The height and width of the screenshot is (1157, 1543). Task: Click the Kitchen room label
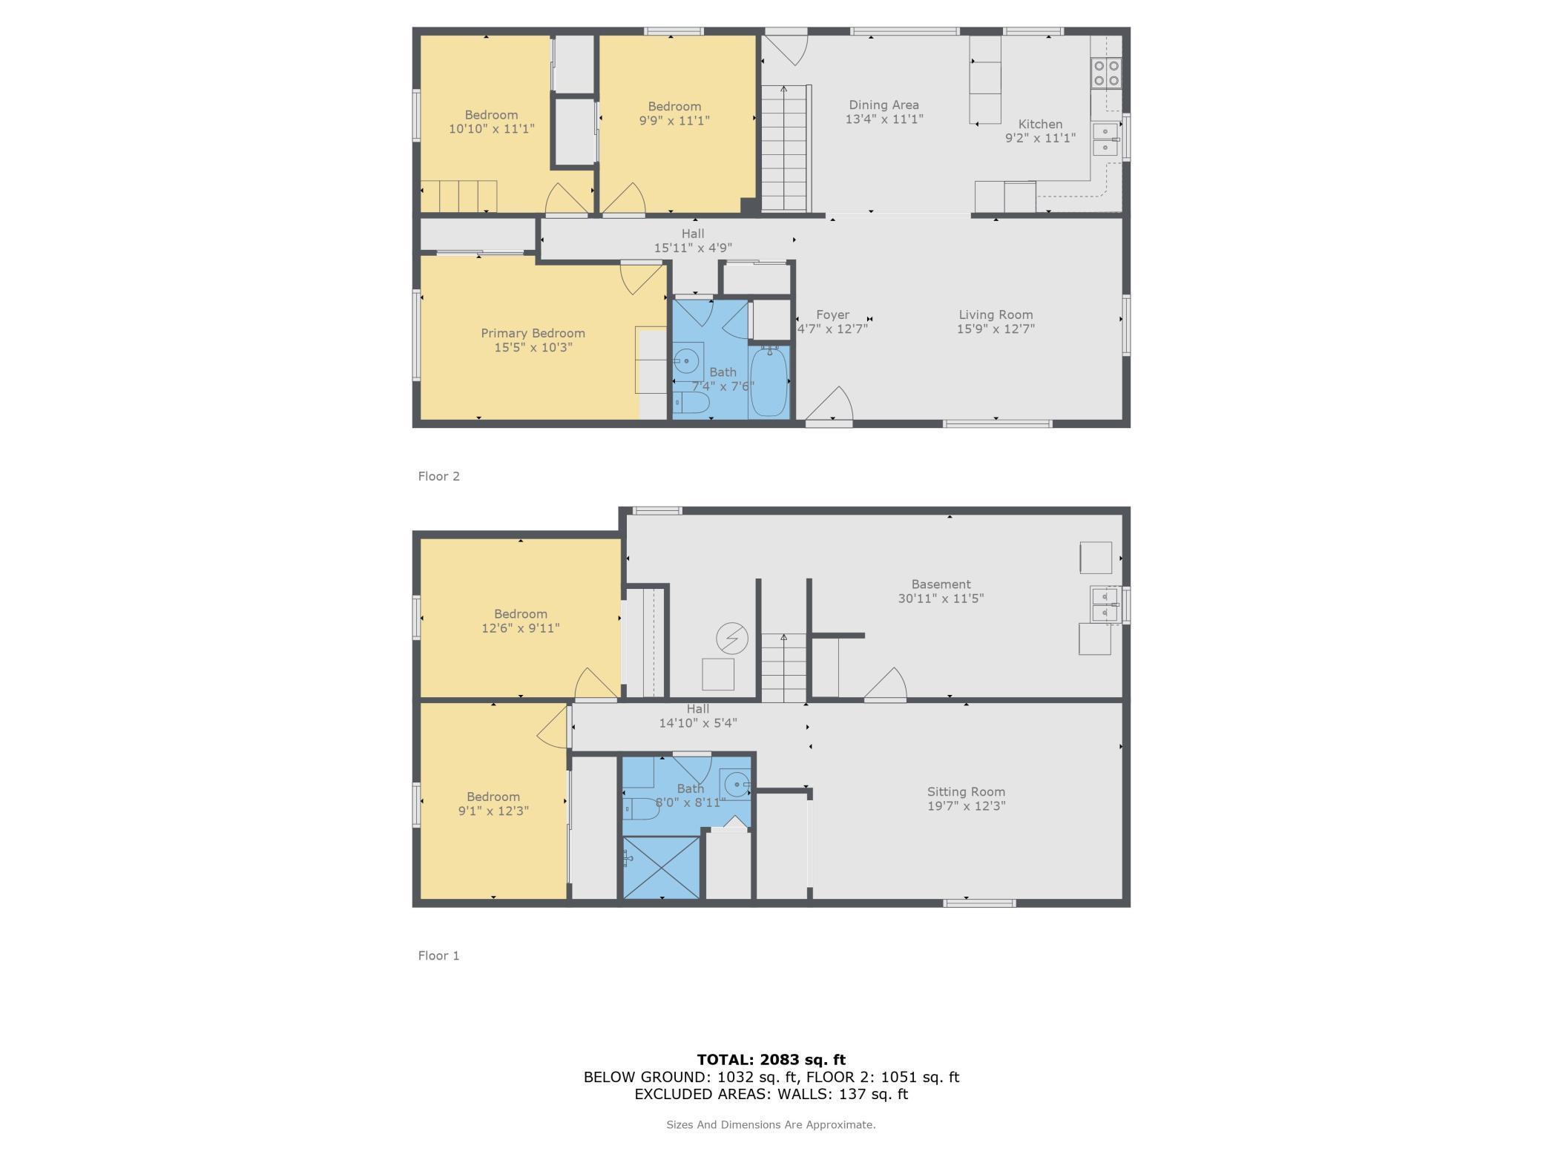[x=1039, y=124]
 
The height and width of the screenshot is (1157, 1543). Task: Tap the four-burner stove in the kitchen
[x=1106, y=73]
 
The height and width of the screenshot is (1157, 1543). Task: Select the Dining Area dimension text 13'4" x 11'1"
[x=884, y=119]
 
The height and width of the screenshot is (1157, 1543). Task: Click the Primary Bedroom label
[x=533, y=333]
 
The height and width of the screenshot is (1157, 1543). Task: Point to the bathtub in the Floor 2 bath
[x=769, y=383]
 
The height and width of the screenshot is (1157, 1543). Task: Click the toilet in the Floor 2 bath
[x=691, y=403]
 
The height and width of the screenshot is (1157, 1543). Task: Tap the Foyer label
[x=832, y=314]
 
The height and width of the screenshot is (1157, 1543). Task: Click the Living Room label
[x=995, y=314]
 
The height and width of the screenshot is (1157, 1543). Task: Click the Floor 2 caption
[x=438, y=476]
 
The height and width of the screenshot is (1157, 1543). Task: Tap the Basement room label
[x=941, y=584]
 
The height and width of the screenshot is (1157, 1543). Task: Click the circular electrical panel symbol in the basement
[x=731, y=638]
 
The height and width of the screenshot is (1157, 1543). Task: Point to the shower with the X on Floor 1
[x=661, y=867]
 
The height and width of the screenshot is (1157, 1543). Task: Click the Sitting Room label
[x=966, y=791]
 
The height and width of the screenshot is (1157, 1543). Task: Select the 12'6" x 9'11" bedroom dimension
[x=520, y=628]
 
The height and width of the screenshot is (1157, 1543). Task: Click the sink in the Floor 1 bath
[x=737, y=784]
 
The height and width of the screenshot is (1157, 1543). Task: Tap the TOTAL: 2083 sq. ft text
[x=771, y=1060]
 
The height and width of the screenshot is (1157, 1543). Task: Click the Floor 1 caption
[x=438, y=955]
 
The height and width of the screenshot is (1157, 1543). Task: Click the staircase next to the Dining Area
[x=785, y=148]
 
